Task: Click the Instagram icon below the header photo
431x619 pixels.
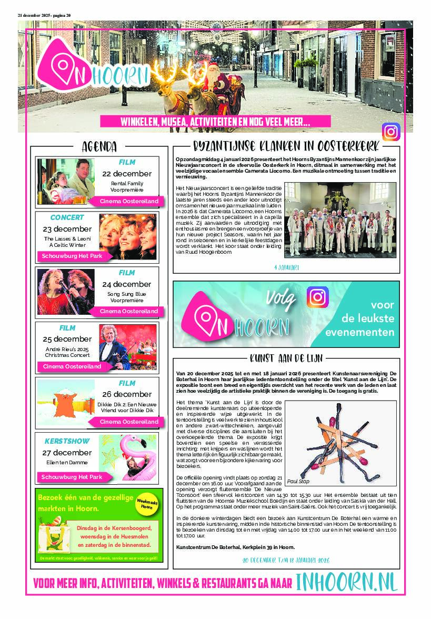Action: pos(391,132)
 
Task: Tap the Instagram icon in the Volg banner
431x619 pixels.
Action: pos(317,297)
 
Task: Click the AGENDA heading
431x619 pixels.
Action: pos(99,147)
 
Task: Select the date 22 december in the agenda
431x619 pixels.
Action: pos(126,174)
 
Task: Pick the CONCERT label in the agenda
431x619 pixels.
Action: pos(67,217)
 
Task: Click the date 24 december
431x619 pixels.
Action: pos(126,284)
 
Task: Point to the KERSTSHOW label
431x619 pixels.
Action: pos(67,441)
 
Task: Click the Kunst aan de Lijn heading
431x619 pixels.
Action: pos(286,358)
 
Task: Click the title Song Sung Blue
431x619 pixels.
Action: pos(126,294)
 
